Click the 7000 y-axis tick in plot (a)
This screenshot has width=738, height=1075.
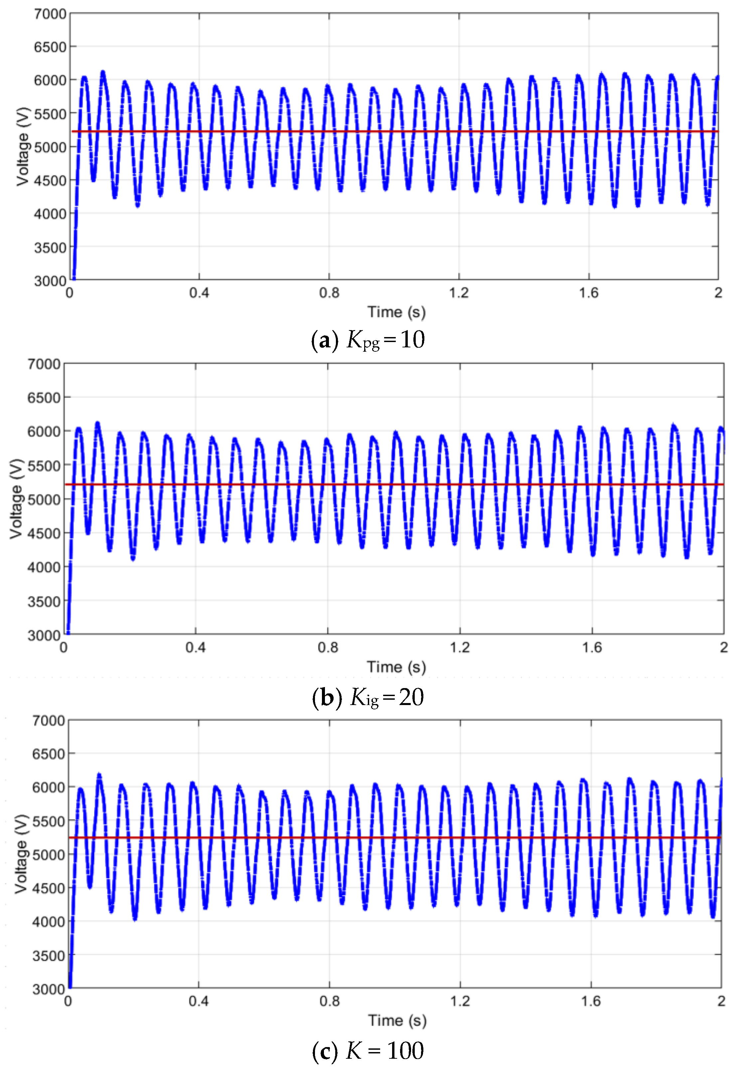50,14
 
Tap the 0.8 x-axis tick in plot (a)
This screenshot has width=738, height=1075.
329,293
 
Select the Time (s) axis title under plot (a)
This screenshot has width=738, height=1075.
396,312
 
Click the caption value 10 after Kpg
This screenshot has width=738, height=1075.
413,340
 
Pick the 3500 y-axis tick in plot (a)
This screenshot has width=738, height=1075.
50,247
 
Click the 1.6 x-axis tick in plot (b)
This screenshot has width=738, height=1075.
592,647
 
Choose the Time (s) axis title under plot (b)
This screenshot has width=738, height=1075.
396,667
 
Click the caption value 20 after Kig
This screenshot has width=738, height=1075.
411,697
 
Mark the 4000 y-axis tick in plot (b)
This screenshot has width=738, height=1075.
44,567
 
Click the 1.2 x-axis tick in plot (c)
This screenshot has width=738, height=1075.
460,1002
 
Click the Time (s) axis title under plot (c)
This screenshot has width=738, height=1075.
397,1021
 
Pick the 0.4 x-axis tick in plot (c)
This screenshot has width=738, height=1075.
199,1002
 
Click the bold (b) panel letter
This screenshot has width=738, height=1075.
327,697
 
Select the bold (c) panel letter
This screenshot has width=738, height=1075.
327,1051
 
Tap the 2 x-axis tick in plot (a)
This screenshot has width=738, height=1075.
718,293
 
